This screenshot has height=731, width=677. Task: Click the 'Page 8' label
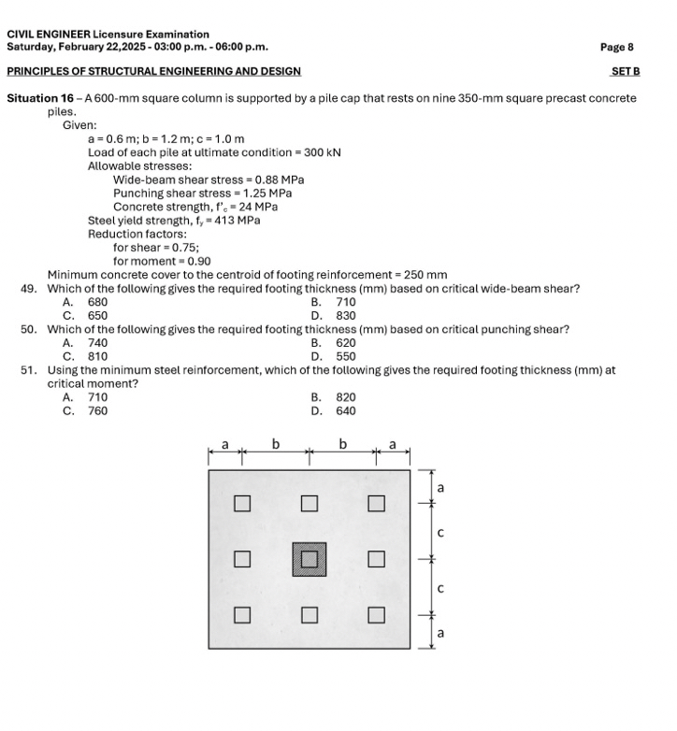pyautogui.click(x=618, y=46)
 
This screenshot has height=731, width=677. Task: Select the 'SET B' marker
pyautogui.click(x=625, y=71)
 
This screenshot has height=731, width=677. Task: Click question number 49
pyautogui.click(x=28, y=289)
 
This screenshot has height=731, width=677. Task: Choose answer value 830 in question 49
pyautogui.click(x=346, y=315)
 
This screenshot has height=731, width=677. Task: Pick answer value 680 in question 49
pyautogui.click(x=97, y=302)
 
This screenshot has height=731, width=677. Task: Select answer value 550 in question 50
pyautogui.click(x=346, y=356)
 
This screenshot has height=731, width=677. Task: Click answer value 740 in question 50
pyautogui.click(x=97, y=343)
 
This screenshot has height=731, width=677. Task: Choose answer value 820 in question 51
pyautogui.click(x=346, y=397)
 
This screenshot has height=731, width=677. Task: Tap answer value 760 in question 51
pyautogui.click(x=97, y=410)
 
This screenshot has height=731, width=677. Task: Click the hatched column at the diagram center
pyautogui.click(x=310, y=559)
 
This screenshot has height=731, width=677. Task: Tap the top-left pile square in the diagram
pyautogui.click(x=242, y=504)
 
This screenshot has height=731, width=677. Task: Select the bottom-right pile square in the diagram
pyautogui.click(x=376, y=614)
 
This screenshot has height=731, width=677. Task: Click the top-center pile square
pyautogui.click(x=310, y=504)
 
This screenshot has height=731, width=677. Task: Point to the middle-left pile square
pyautogui.click(x=242, y=559)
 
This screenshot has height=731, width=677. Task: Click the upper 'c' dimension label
pyautogui.click(x=440, y=532)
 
